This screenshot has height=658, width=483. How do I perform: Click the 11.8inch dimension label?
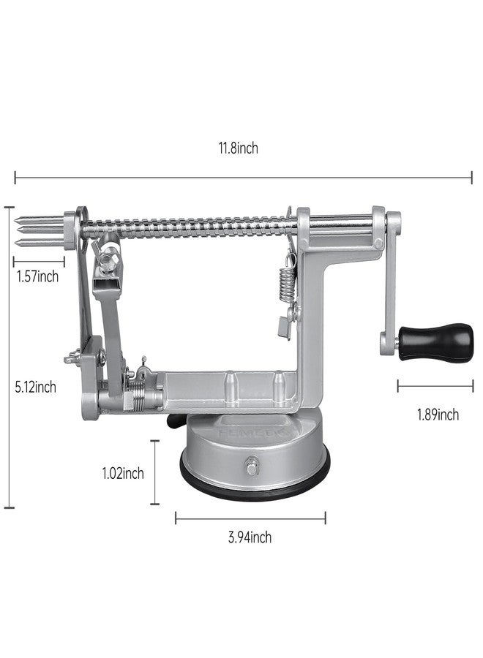click(238, 148)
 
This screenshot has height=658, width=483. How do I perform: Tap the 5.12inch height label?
click(36, 387)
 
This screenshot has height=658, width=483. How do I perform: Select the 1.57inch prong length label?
click(38, 276)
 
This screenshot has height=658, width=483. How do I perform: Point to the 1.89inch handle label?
click(438, 415)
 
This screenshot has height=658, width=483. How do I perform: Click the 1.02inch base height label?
click(123, 473)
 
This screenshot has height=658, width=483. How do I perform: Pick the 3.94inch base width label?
click(250, 537)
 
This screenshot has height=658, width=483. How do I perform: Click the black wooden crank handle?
click(436, 341)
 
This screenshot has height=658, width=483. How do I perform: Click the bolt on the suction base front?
click(252, 466)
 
